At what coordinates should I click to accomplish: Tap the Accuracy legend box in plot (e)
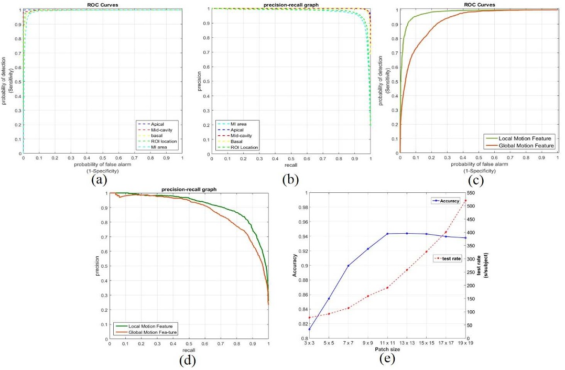pyautogui.click(x=446, y=201)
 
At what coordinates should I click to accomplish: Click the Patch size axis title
pyautogui.click(x=387, y=349)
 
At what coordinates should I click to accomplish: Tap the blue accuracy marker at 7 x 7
pyautogui.click(x=349, y=266)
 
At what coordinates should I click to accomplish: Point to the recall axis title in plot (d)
pyautogui.click(x=188, y=349)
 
